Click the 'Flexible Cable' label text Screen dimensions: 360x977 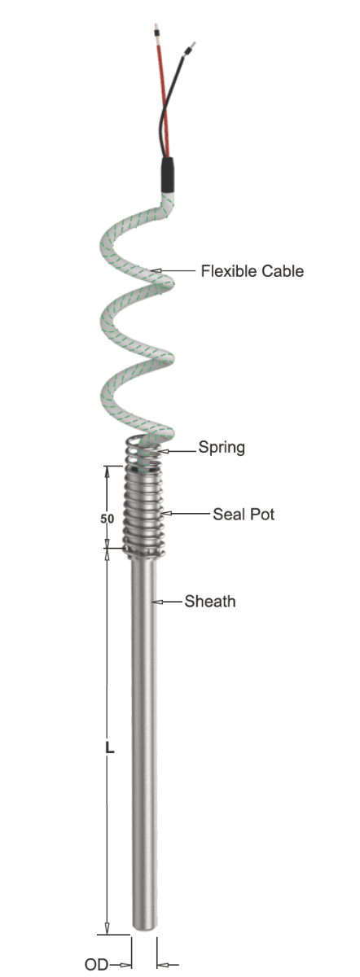coord(252,271)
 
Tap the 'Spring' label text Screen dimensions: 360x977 coord(222,448)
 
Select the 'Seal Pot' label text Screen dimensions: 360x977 coord(244,515)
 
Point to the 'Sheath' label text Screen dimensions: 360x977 coord(210,602)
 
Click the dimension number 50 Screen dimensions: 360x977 coord(108,519)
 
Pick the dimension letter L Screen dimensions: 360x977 coord(109,747)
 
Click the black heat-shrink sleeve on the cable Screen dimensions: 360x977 coord(169,175)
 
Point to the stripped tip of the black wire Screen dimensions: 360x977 coord(191,46)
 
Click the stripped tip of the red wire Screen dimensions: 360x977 coord(156,32)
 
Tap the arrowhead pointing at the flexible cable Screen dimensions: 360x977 coord(156,271)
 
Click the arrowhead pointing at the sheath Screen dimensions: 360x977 coord(156,602)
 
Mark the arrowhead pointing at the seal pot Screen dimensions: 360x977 coord(166,514)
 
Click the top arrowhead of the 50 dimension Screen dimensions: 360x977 coord(108,472)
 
